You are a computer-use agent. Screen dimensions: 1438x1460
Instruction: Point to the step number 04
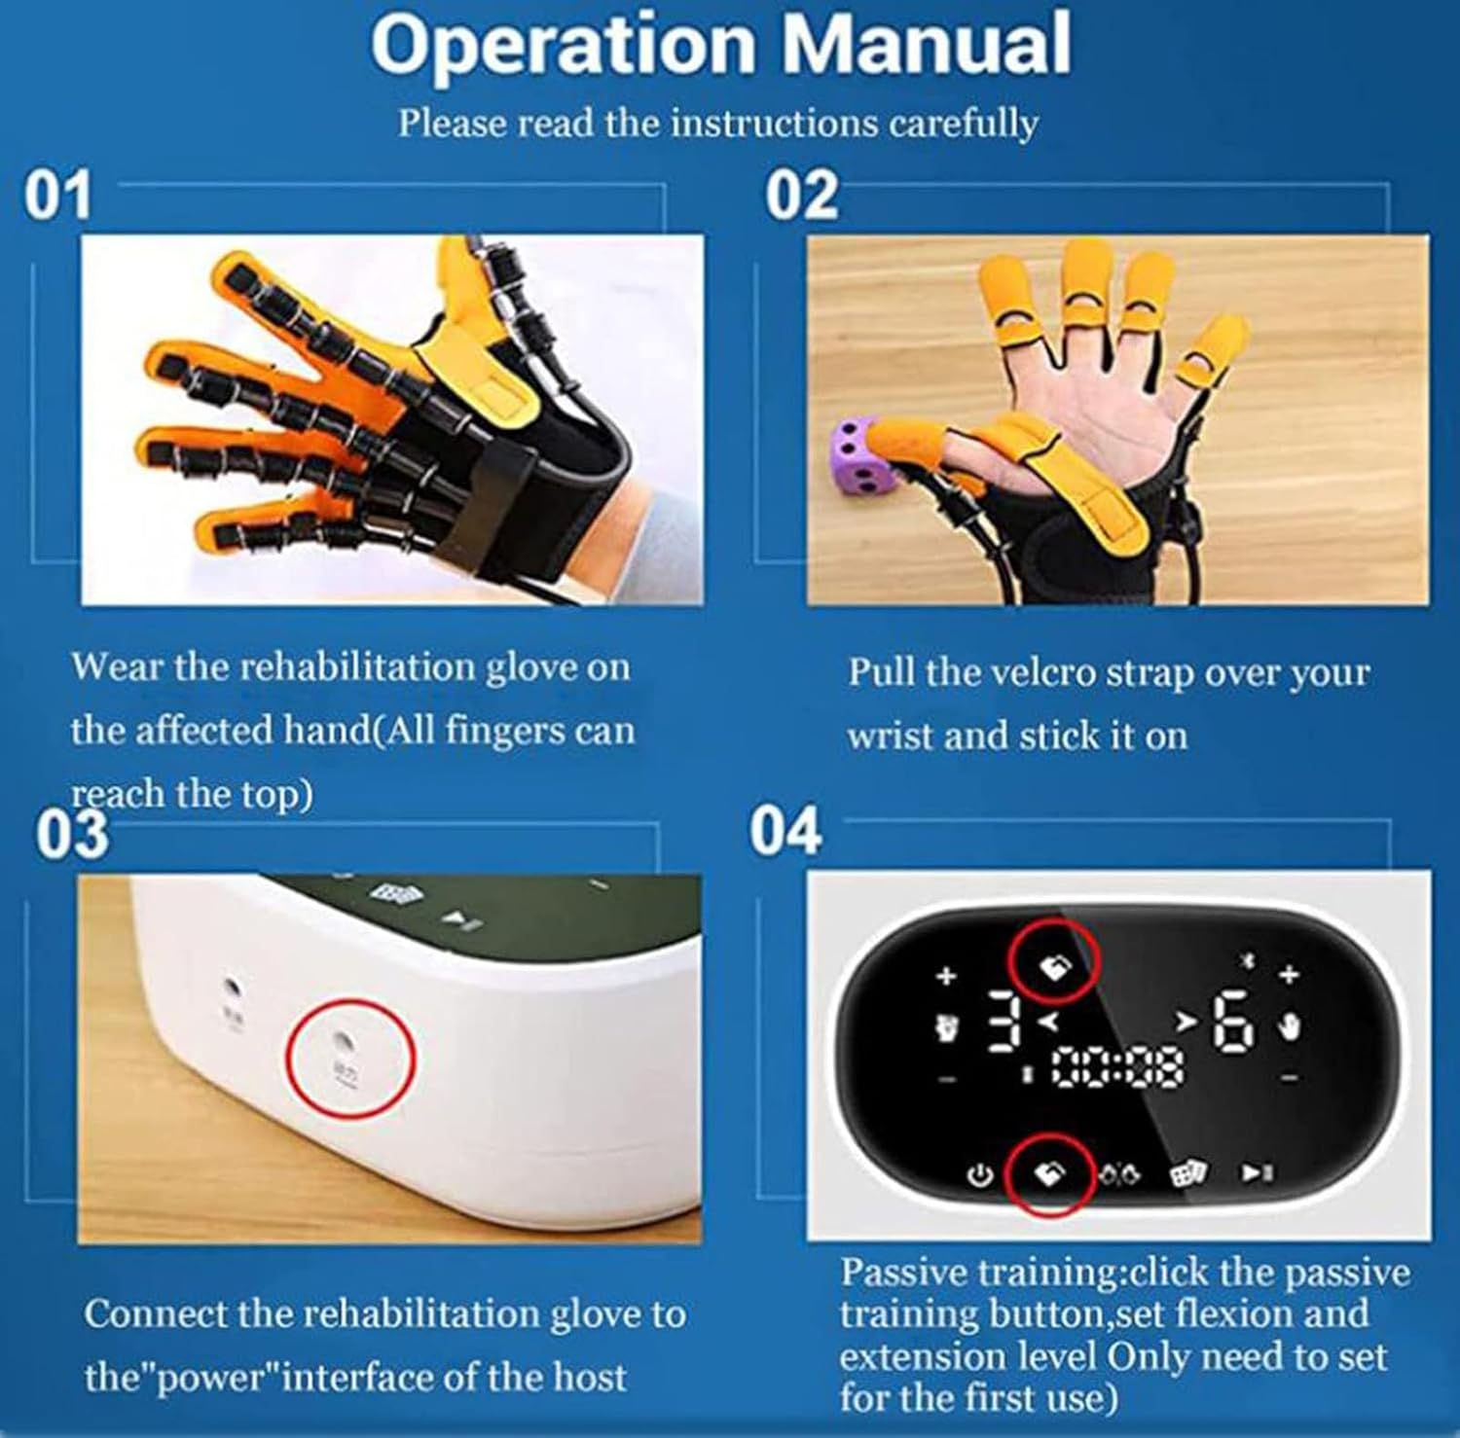coord(785,832)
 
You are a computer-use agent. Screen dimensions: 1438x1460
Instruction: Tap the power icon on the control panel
coord(979,1175)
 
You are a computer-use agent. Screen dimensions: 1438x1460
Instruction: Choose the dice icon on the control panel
coord(1184,1174)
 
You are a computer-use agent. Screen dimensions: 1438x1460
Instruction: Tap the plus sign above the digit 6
coord(1290,973)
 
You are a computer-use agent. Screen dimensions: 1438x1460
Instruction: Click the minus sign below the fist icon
coord(948,1079)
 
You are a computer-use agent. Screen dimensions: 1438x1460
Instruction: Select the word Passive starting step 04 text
coord(904,1273)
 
